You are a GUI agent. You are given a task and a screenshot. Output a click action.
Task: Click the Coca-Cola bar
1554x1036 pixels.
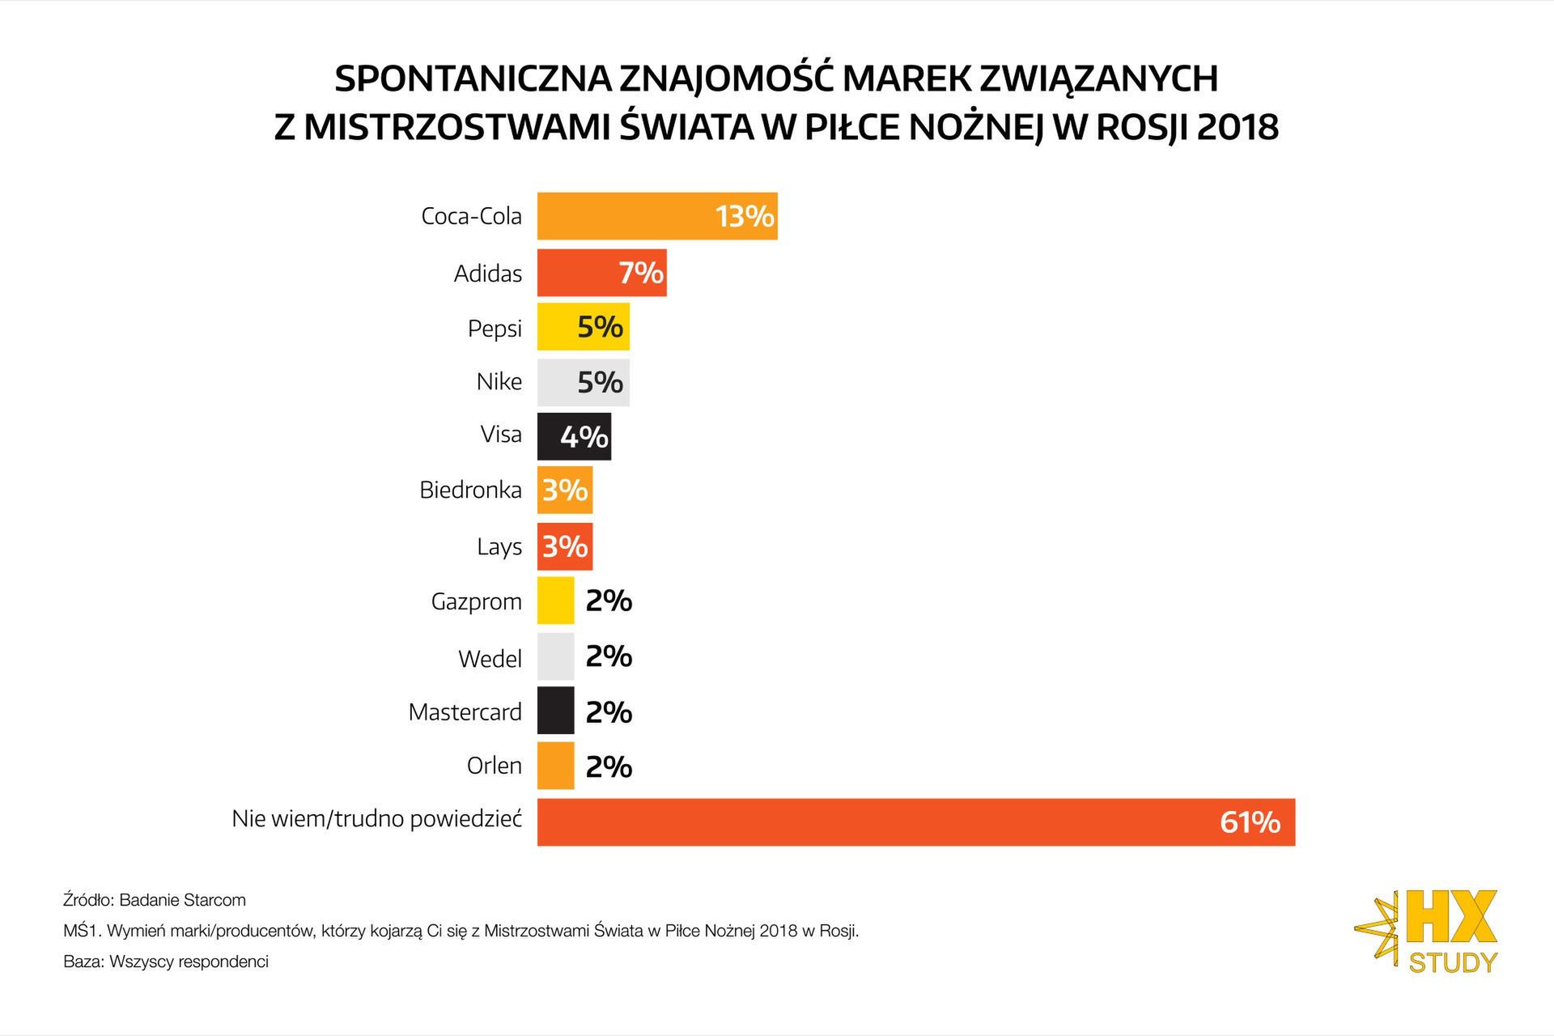click(623, 216)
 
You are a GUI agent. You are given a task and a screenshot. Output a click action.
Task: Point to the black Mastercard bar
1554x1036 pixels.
click(555, 711)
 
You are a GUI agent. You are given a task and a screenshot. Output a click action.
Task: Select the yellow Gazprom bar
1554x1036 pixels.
click(555, 601)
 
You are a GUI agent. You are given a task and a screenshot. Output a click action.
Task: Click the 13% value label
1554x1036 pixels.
click(745, 217)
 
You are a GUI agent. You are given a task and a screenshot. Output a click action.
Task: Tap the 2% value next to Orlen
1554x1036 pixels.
click(609, 766)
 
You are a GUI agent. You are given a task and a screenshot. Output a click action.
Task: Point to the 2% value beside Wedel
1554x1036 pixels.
click(609, 656)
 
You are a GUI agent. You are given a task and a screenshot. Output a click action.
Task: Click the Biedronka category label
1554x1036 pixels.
click(470, 490)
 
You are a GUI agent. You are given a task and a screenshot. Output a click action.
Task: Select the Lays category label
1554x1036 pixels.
click(499, 547)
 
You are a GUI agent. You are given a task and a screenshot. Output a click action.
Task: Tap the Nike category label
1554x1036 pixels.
click(499, 381)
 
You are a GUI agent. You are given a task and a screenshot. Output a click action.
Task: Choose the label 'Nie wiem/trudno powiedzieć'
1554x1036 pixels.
click(376, 819)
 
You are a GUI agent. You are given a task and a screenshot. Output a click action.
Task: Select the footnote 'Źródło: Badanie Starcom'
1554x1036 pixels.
click(155, 900)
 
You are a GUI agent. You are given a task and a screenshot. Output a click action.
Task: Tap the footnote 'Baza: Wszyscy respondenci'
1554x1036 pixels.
click(166, 962)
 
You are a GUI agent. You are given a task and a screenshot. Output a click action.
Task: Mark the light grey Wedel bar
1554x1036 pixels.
click(555, 656)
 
